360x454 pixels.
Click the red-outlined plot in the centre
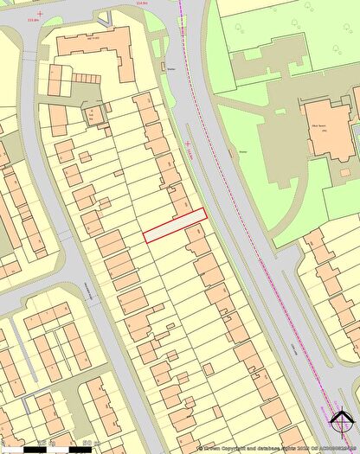(x=175, y=225)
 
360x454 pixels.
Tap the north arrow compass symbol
(x=342, y=420)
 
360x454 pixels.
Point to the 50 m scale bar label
(x=87, y=444)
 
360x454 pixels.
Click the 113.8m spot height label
(x=34, y=16)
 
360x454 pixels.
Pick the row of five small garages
(x=85, y=77)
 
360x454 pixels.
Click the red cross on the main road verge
(x=188, y=144)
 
